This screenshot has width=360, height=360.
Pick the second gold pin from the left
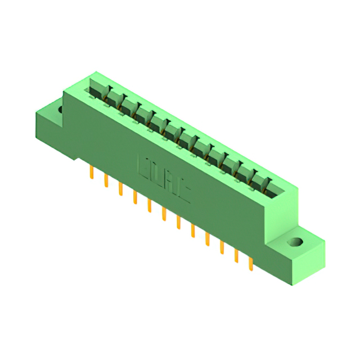[x=106, y=181]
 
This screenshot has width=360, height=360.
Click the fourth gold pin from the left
[x=135, y=197]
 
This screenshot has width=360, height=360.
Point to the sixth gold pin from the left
[x=164, y=214]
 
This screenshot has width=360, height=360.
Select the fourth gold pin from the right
[x=207, y=239]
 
